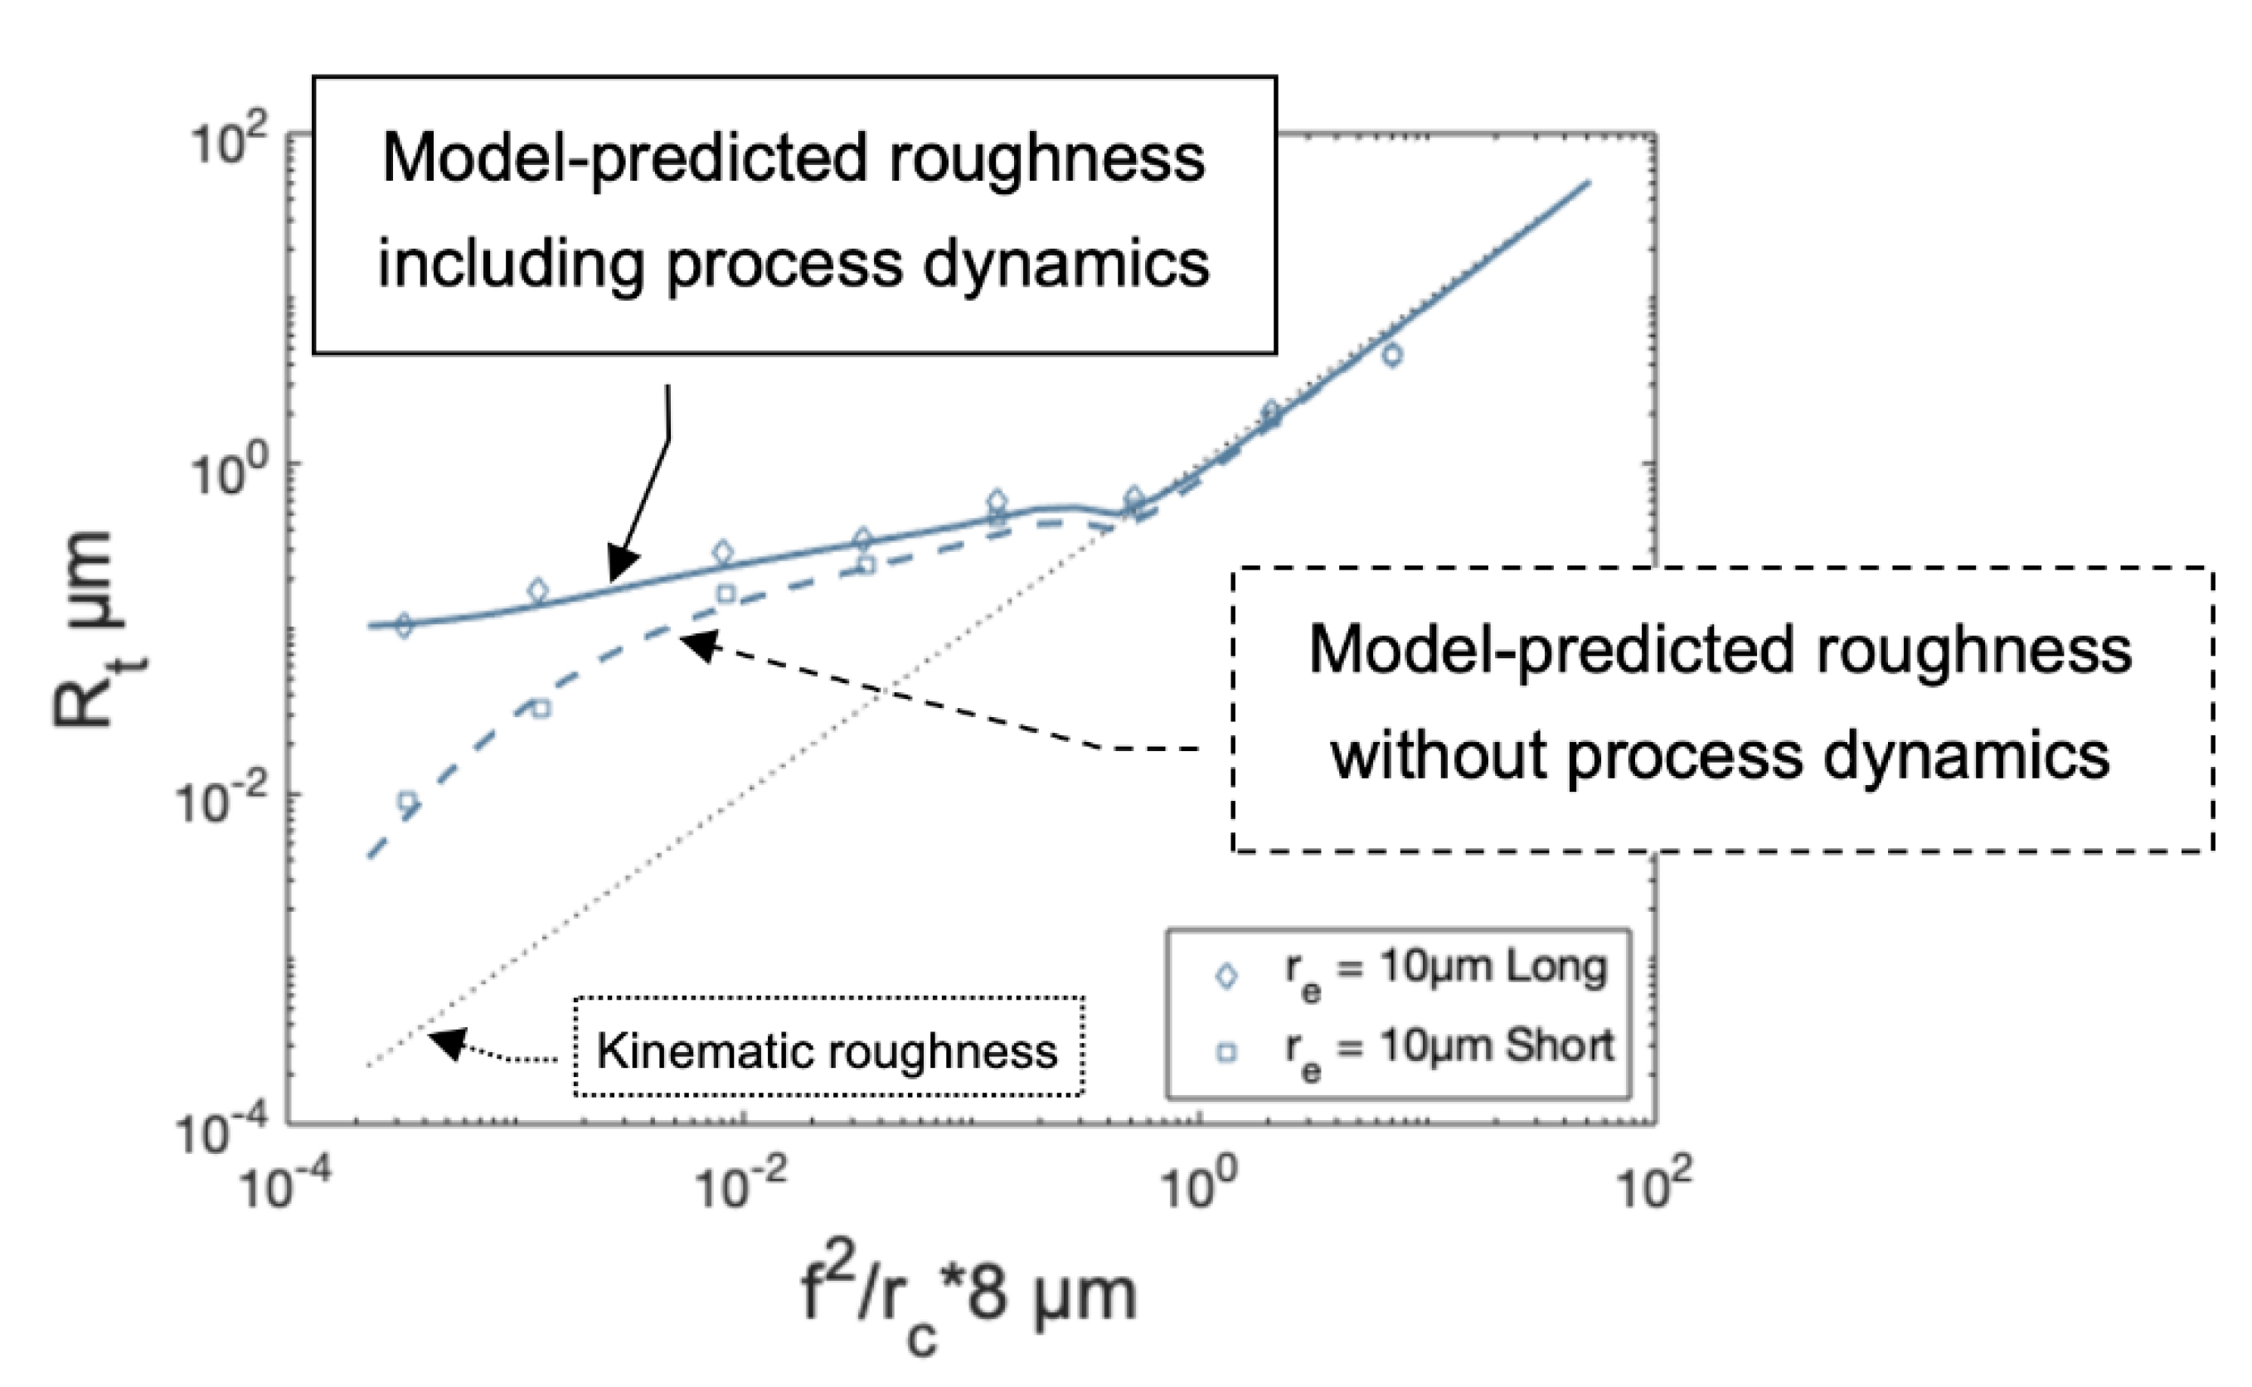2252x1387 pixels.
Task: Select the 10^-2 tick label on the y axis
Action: tap(221, 803)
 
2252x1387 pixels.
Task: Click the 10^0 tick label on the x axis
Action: tap(1198, 1183)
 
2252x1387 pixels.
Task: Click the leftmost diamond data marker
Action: tap(403, 626)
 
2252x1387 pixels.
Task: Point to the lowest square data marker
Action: tap(407, 802)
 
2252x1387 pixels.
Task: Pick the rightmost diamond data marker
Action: tap(1392, 355)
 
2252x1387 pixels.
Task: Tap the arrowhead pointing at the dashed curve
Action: tap(698, 643)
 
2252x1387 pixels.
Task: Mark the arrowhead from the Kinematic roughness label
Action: tap(448, 1044)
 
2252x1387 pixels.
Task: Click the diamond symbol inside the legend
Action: tap(1225, 976)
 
